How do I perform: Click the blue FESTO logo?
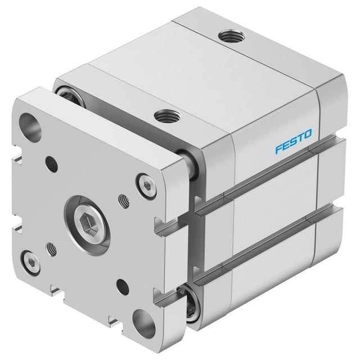click(x=294, y=141)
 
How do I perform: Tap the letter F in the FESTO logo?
click(x=279, y=148)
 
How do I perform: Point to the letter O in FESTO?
click(x=308, y=134)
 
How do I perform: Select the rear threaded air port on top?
click(x=231, y=36)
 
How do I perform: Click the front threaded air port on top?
click(x=167, y=116)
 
